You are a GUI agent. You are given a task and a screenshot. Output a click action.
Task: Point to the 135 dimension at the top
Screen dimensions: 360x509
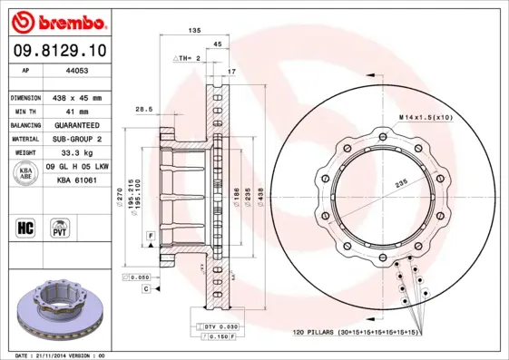(193, 31)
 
